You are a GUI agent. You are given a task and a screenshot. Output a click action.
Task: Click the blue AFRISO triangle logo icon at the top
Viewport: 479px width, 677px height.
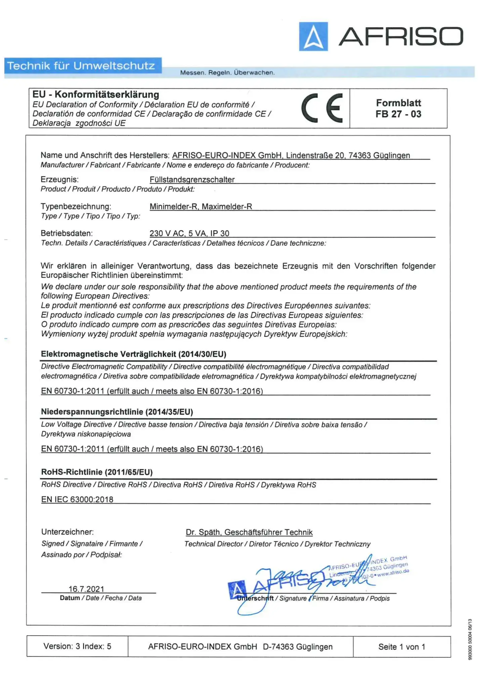tap(313, 36)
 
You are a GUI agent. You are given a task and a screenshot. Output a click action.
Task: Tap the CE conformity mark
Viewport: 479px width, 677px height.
tap(322, 108)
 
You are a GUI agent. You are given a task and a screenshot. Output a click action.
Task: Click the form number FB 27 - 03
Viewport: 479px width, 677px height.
tap(398, 114)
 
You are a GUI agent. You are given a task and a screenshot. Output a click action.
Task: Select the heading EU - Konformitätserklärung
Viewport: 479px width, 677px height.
tap(96, 95)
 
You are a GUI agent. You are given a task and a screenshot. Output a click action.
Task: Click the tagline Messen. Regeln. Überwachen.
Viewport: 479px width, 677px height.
tap(227, 72)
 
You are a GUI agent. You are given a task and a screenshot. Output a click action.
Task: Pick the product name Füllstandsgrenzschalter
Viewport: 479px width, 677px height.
tap(192, 180)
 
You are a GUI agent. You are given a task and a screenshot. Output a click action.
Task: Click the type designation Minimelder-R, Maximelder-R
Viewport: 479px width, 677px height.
tap(201, 206)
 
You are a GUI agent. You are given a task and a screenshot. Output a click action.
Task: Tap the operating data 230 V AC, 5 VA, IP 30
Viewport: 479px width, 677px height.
tap(189, 233)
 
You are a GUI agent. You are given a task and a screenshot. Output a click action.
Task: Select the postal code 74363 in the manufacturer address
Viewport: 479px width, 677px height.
tap(359, 155)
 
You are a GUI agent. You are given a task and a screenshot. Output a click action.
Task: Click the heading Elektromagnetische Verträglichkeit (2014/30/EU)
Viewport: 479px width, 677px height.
tap(134, 354)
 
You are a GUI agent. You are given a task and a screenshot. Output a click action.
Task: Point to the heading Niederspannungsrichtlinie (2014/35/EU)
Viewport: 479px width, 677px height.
tap(117, 412)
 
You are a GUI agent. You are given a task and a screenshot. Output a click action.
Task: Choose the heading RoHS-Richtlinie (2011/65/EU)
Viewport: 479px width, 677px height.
tap(97, 472)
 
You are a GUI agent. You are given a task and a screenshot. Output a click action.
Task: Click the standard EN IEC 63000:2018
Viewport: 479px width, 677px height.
tap(77, 499)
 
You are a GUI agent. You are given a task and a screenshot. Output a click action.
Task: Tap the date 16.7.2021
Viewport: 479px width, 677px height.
tap(86, 589)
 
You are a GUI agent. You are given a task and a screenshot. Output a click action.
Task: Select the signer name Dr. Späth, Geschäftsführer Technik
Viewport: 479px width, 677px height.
tap(249, 532)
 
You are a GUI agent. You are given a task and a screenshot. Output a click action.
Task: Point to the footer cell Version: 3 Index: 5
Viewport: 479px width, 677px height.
tap(77, 646)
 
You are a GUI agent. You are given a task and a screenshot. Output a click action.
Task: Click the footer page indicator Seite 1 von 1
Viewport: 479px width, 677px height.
tap(402, 647)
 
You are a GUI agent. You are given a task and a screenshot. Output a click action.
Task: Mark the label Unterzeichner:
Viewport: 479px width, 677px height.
tap(68, 532)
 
